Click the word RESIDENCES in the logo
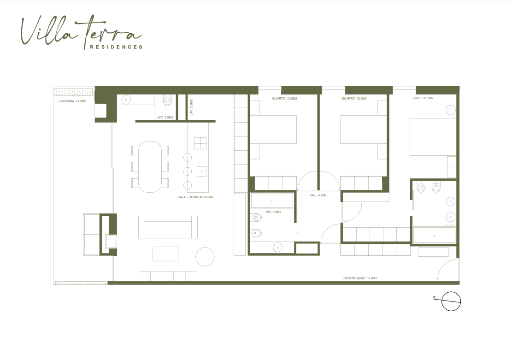pos(116,47)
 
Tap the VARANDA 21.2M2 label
pos(72,101)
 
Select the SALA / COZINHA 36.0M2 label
pos(195,197)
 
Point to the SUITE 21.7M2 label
pos(423,98)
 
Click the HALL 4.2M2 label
pos(318,195)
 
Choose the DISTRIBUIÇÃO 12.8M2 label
pos(360,278)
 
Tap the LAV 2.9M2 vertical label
pos(191,107)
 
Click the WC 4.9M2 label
pos(273,212)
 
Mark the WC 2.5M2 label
pos(165,117)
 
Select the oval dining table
pos(150,166)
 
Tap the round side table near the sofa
pos(205,256)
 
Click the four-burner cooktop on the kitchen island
pos(200,143)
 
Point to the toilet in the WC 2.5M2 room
pos(167,100)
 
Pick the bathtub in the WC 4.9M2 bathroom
pos(272,201)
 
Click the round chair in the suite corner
pos(451,110)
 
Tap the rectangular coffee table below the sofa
pos(165,254)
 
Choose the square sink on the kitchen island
pos(202,171)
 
